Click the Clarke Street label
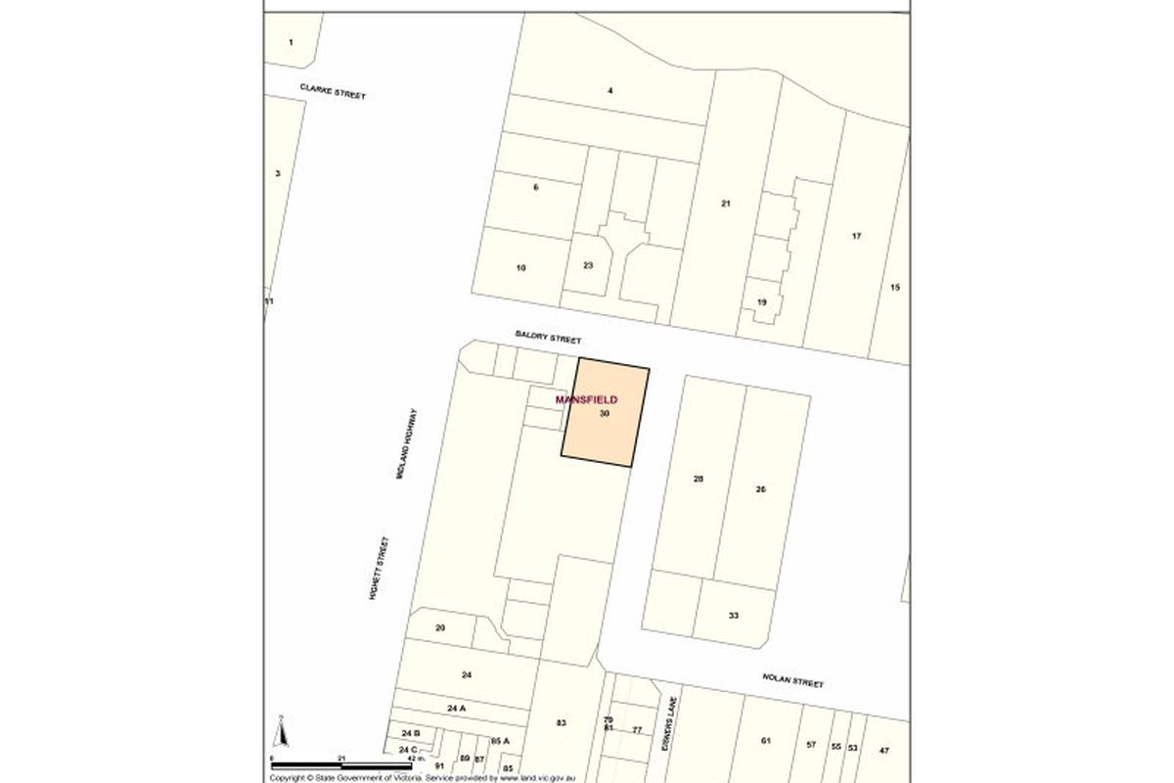coord(333,92)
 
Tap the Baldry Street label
coord(549,338)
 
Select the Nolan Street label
coord(793,680)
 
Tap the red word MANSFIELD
coord(586,399)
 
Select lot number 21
coord(725,204)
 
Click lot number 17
coord(856,236)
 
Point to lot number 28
coord(698,479)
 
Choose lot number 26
coord(760,487)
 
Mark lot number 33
coord(733,616)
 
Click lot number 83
coord(561,722)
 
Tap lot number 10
coord(520,267)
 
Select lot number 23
coord(587,264)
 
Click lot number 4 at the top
coord(610,90)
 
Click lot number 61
coord(766,741)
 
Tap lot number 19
coord(761,302)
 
